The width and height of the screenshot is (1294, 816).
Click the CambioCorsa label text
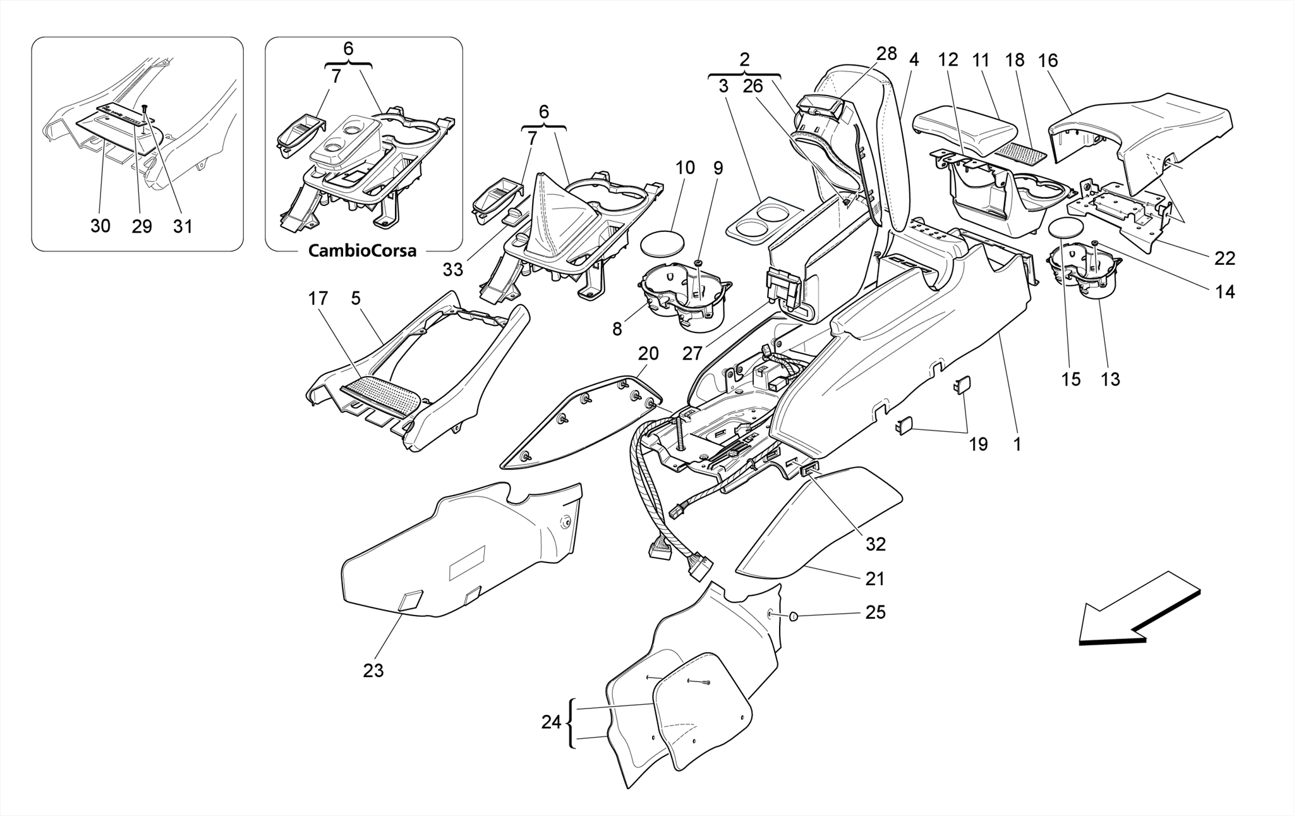click(x=362, y=251)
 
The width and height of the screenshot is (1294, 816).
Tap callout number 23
click(x=373, y=671)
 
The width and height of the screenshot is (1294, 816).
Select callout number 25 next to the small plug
click(x=875, y=612)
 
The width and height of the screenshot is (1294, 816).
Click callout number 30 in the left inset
click(x=100, y=226)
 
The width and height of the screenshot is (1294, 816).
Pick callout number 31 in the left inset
click(x=183, y=226)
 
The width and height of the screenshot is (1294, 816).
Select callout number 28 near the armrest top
click(x=886, y=54)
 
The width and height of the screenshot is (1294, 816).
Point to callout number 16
click(x=1048, y=61)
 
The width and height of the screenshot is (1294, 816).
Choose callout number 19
click(x=977, y=444)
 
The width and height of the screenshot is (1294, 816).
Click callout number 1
click(x=1017, y=444)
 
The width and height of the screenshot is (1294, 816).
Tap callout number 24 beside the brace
click(x=551, y=722)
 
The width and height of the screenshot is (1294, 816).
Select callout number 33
click(x=452, y=270)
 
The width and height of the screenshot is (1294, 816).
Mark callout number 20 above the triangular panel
click(x=648, y=353)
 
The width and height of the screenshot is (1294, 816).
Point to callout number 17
click(x=318, y=298)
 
